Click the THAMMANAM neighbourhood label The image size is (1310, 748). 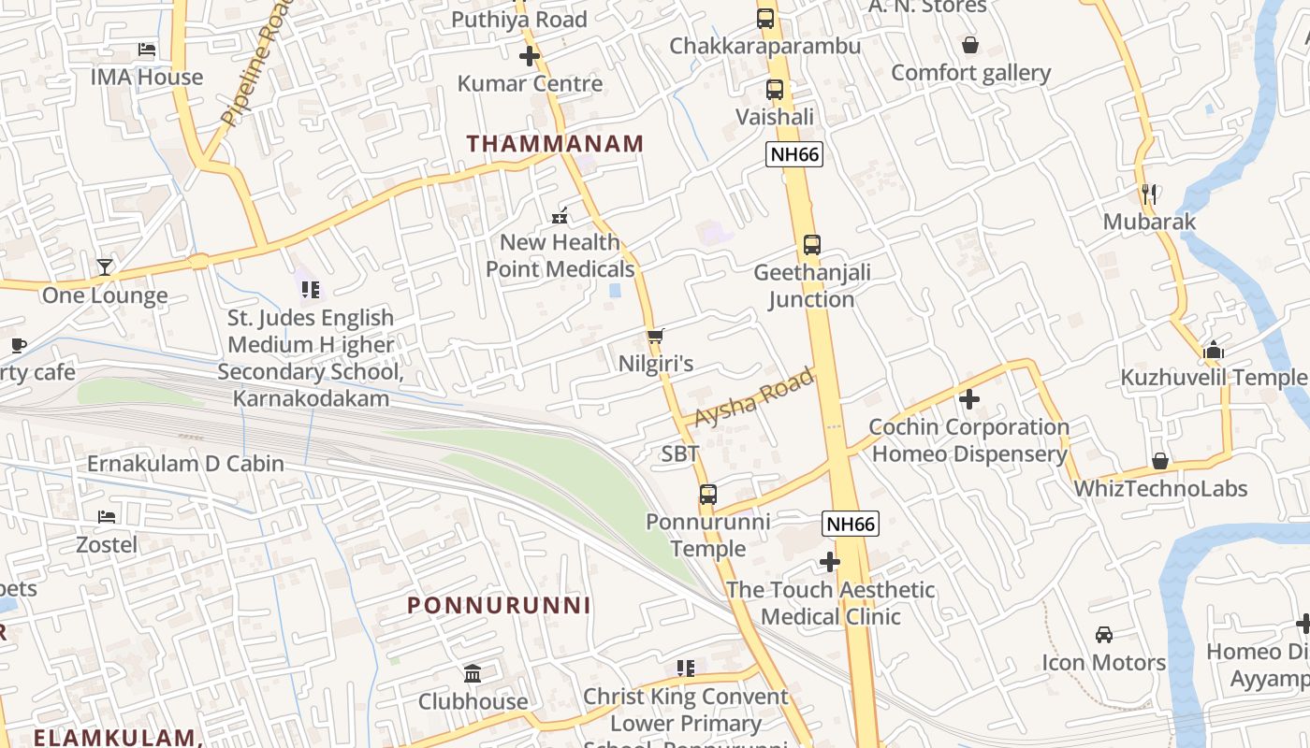(555, 144)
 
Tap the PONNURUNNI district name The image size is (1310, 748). (499, 605)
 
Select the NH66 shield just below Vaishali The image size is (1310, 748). (793, 154)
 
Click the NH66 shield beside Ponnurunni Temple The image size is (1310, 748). (851, 524)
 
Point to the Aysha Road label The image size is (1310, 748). (754, 398)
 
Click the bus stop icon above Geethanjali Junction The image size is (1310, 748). (811, 245)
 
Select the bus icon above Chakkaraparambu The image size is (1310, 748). (764, 19)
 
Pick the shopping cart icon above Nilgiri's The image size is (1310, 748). (655, 336)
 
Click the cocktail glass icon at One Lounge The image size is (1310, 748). (104, 267)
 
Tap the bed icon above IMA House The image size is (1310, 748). (146, 50)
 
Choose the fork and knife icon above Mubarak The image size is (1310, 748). (1149, 194)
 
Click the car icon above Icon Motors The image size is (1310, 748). (1103, 635)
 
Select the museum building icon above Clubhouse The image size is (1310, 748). (473, 674)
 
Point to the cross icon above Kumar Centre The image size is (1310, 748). (530, 56)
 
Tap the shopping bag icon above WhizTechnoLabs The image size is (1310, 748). (1159, 461)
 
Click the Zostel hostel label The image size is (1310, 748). (107, 544)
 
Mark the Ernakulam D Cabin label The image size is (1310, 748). (185, 464)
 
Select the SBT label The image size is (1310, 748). (679, 454)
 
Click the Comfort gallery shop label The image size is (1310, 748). (970, 73)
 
